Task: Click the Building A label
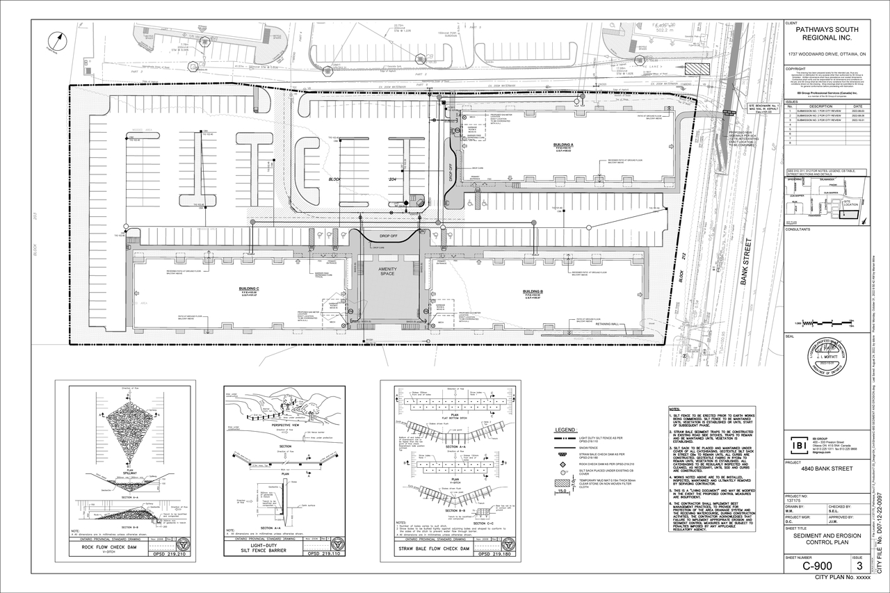(563, 145)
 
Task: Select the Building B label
(533, 291)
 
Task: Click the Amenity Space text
(387, 272)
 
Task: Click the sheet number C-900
(817, 565)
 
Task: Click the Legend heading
(565, 430)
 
